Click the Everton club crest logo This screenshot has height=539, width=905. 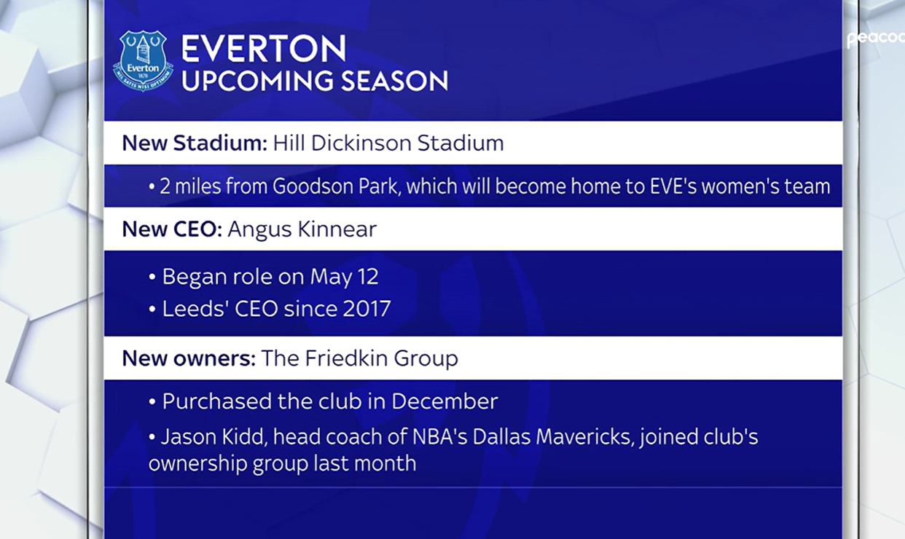point(143,60)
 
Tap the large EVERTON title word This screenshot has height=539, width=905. point(264,49)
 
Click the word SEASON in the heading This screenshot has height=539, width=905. point(394,81)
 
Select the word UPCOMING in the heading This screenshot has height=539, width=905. point(257,81)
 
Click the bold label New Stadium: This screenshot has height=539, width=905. point(195,143)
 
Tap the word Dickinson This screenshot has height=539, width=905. point(361,143)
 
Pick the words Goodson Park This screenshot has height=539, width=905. point(337,186)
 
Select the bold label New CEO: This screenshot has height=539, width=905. point(172,229)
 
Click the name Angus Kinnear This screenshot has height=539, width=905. point(302,229)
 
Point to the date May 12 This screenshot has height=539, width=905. point(344,278)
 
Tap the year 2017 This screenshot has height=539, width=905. point(367,309)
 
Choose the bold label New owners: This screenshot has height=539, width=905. point(189,358)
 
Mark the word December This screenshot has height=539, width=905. point(444,401)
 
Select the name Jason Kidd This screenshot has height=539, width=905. point(213,437)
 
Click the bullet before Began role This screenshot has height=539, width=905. point(152,278)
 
